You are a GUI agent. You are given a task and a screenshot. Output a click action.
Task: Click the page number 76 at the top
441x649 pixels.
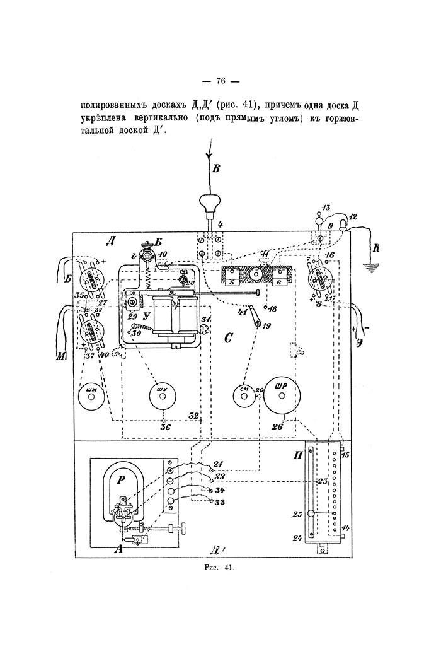pos(220,81)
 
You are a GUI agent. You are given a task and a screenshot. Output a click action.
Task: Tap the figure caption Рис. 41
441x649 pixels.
pos(220,568)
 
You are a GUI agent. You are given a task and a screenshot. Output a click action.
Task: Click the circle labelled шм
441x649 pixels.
pos(91,395)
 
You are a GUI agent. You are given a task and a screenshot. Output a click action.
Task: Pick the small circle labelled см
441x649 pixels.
pos(244,395)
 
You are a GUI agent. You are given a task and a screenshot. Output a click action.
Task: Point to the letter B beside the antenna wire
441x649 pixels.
pos(215,168)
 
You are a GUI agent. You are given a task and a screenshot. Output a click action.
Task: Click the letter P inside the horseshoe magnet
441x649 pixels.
pos(121,479)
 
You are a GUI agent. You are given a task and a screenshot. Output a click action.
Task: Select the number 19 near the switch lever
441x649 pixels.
pos(266,326)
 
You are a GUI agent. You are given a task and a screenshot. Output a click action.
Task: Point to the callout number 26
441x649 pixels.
pos(277,426)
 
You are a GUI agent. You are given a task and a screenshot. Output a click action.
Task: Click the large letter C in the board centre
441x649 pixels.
pos(229,339)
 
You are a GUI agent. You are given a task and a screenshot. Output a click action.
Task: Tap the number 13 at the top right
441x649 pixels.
pos(326,208)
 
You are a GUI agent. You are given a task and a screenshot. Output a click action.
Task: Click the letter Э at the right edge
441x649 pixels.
pos(358,342)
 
